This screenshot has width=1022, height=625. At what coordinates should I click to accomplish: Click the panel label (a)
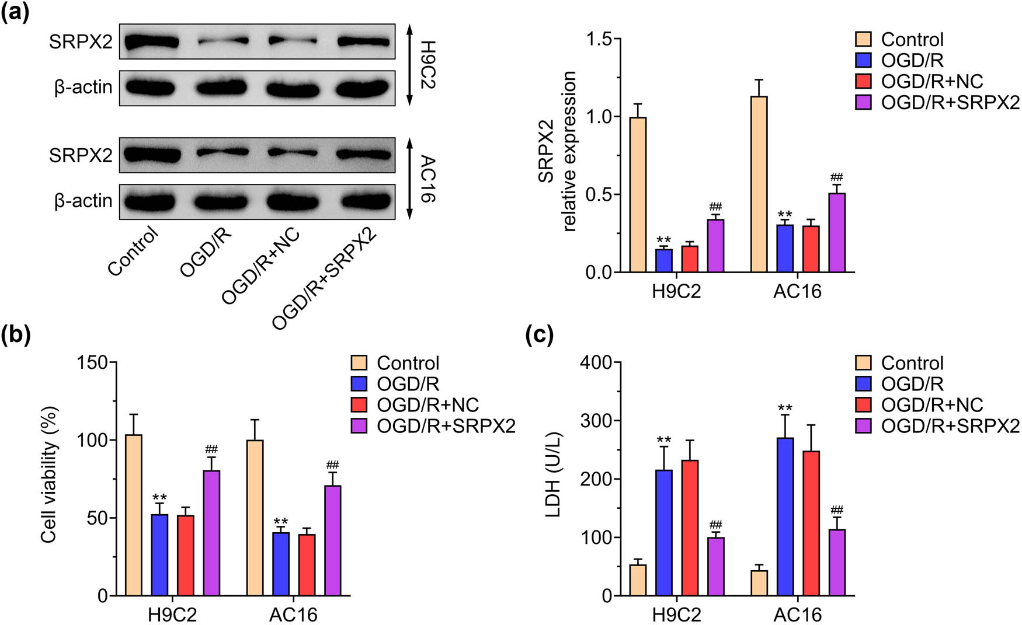tap(15, 12)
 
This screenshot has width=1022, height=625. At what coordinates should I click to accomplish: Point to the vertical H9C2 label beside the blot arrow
tap(428, 64)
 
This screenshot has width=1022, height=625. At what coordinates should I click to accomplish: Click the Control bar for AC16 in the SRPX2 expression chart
tap(759, 184)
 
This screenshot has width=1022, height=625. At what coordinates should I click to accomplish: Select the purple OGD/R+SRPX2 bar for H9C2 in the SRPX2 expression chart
tap(715, 246)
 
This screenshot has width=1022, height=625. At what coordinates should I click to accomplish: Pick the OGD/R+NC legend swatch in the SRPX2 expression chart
tap(863, 81)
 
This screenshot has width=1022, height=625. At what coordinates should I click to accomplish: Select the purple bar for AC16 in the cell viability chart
tap(332, 540)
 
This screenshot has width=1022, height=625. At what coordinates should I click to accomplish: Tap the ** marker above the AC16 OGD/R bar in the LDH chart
tap(785, 408)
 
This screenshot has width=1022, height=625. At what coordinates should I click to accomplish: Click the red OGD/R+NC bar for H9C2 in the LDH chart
tap(690, 528)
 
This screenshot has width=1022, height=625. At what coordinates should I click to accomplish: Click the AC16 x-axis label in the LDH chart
tap(797, 614)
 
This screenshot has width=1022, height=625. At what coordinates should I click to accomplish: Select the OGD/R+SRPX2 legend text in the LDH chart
tap(950, 426)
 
